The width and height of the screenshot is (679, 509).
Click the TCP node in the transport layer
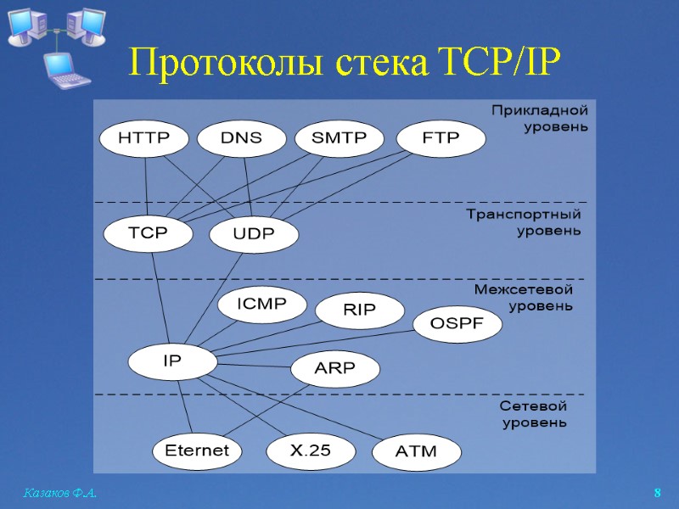coord(148,232)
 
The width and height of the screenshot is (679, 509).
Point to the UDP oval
coord(254,235)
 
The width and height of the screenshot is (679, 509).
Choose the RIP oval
coord(360,310)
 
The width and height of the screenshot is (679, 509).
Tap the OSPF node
coord(457,323)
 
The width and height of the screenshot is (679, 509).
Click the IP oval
coord(172,361)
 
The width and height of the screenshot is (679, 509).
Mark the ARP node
coord(335,369)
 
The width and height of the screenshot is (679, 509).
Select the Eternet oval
coord(197,450)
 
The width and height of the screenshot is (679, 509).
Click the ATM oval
coord(417,451)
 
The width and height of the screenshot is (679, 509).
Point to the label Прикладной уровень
coord(540,119)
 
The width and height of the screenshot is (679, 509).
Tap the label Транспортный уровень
coord(524,222)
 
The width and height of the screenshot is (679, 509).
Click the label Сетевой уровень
coord(533,415)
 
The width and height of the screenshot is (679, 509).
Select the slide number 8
coord(657,493)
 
